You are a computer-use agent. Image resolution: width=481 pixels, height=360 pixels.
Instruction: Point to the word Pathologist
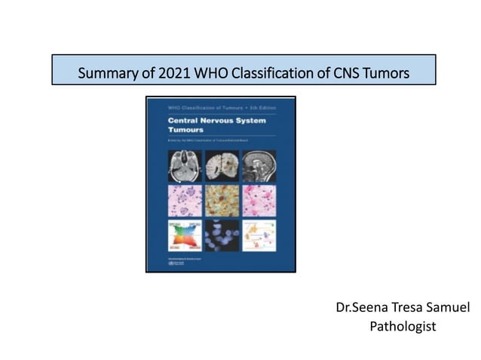click(403, 327)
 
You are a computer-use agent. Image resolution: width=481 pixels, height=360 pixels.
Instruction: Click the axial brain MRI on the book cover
click(184, 166)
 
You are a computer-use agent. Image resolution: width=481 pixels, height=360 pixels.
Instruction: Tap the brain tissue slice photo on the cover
click(221, 166)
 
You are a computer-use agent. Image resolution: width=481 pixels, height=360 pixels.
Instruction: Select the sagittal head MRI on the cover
click(259, 166)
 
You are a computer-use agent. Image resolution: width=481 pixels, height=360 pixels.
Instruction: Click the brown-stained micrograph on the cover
click(221, 200)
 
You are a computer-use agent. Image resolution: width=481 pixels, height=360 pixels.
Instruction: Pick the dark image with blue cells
click(221, 235)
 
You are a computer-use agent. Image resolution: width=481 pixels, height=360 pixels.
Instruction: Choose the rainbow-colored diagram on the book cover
click(184, 235)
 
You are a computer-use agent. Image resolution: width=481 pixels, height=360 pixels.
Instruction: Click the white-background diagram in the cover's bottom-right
click(259, 235)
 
